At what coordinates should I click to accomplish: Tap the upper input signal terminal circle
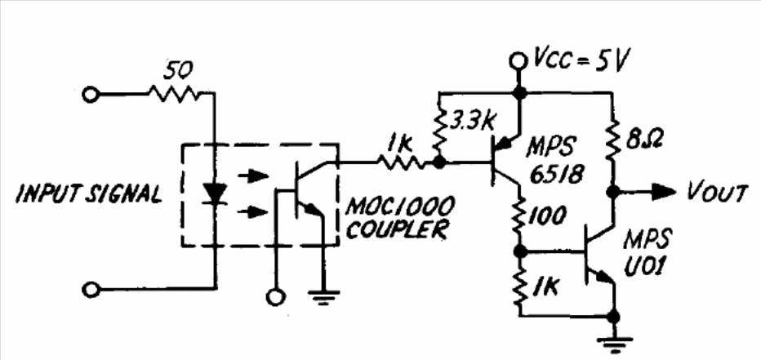[x=92, y=95]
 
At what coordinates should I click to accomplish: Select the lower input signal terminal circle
[x=92, y=289]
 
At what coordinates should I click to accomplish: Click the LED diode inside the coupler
[x=215, y=193]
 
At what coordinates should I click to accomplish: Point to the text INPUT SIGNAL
[x=89, y=194]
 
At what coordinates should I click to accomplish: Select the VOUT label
[x=717, y=193]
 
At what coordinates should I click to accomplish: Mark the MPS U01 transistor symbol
[x=597, y=260]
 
